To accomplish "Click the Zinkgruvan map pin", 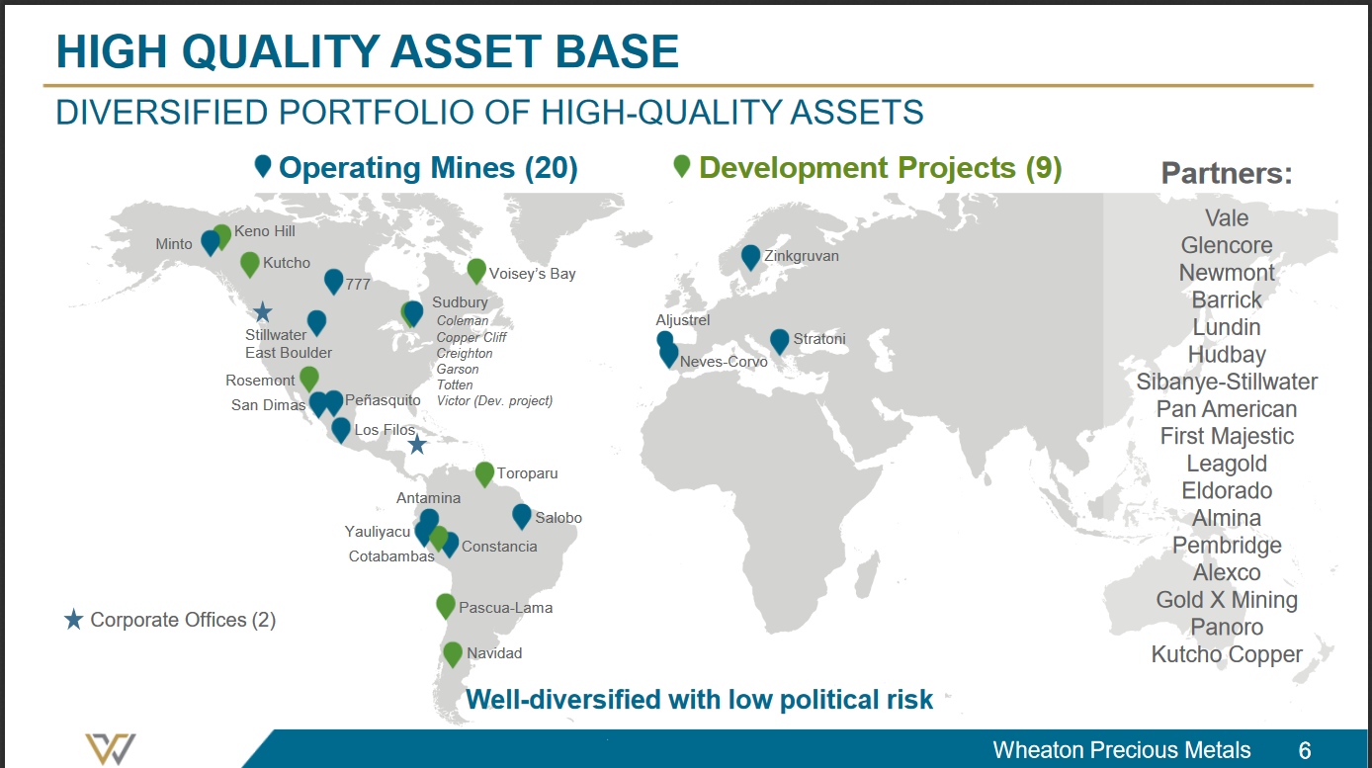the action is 750,257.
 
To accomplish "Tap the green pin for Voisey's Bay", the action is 476,270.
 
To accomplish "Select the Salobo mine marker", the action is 521,516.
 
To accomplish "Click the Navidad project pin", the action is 452,653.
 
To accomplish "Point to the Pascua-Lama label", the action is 505,608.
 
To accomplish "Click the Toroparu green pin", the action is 484,473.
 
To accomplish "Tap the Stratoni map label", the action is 818,339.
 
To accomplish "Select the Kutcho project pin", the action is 249,264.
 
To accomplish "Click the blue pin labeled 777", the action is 333,281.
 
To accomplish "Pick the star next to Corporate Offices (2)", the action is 73,619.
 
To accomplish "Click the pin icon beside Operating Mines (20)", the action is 263,166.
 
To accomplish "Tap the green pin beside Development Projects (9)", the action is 682,166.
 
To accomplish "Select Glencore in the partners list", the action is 1227,245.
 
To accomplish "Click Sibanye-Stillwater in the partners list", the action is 1227,382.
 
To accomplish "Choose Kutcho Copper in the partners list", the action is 1227,654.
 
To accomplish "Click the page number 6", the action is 1305,750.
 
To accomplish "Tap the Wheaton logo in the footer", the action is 111,749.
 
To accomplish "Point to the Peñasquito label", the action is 383,400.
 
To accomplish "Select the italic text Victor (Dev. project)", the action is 494,401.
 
